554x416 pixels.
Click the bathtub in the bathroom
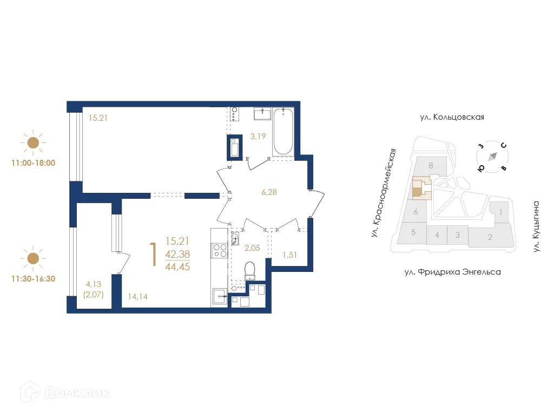coord(283,132)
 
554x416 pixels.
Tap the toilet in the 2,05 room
coord(250,270)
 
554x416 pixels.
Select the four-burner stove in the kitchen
coord(220,250)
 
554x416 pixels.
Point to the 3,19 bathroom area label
coord(258,136)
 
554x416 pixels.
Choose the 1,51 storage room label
coord(291,255)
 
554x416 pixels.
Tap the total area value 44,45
coord(178,265)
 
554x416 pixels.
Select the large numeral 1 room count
coord(154,254)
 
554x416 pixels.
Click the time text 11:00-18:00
coord(33,162)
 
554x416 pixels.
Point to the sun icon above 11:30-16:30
coord(33,258)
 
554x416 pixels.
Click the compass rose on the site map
coord(492,157)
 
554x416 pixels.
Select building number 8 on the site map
coord(431,166)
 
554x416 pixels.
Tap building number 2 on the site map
coord(490,237)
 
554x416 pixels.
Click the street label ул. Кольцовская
coord(451,117)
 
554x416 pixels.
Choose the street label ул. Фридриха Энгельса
coord(452,272)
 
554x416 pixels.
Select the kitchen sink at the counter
coord(220,295)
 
